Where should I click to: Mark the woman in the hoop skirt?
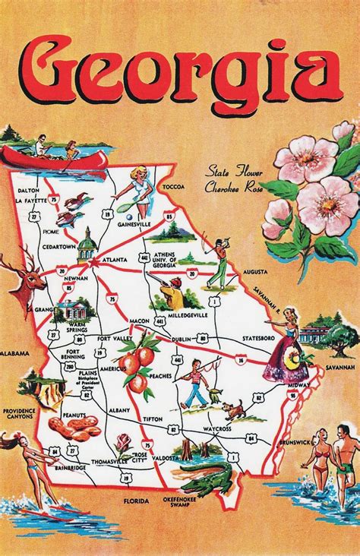[x=286, y=349]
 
